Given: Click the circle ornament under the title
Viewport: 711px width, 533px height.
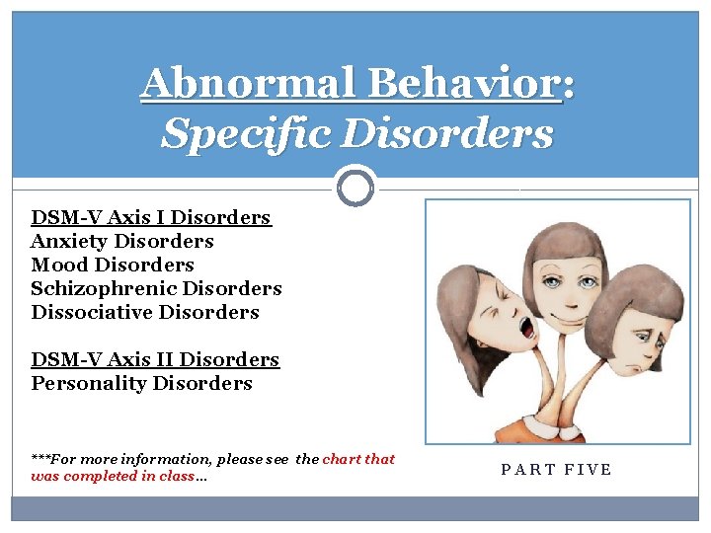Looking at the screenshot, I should pyautogui.click(x=355, y=186).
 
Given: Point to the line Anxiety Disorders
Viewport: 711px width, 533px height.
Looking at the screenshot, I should pyautogui.click(x=122, y=241).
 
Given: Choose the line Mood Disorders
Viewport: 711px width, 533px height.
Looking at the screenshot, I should pyautogui.click(x=113, y=265).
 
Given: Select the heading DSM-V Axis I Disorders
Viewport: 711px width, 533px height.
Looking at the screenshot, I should pyautogui.click(x=151, y=217).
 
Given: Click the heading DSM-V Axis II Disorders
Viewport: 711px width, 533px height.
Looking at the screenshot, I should pyautogui.click(x=155, y=359).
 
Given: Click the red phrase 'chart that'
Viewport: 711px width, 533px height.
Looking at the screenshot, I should pyautogui.click(x=358, y=459).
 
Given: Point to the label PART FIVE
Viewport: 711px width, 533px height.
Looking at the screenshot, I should pyautogui.click(x=557, y=469).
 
